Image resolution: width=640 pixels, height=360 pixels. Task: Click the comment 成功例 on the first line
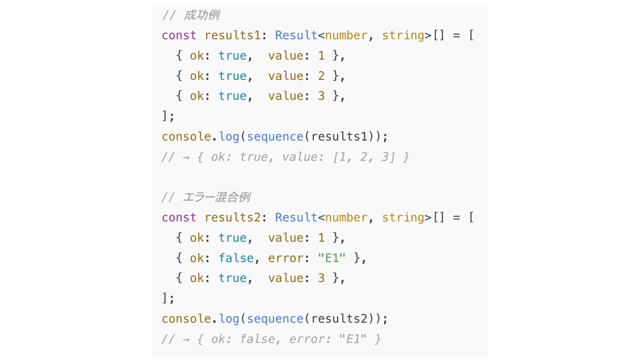click(x=201, y=15)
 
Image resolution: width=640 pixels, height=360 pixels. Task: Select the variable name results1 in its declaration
click(x=233, y=35)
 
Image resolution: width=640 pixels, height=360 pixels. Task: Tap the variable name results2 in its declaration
click(x=233, y=217)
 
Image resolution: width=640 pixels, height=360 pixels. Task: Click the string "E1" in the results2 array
click(x=332, y=258)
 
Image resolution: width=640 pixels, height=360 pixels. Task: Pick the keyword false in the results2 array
click(x=236, y=258)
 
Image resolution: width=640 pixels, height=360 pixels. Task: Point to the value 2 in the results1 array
click(x=321, y=76)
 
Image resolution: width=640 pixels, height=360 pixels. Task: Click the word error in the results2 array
click(x=285, y=258)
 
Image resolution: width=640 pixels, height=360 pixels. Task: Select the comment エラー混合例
click(x=216, y=197)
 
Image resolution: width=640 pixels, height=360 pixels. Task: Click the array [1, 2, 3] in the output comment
click(x=364, y=157)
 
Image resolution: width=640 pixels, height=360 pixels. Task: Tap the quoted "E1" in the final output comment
click(x=353, y=339)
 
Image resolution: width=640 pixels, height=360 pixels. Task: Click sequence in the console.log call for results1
click(x=275, y=137)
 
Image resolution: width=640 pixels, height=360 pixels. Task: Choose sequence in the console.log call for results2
click(x=275, y=319)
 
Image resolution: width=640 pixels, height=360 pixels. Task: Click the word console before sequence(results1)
click(x=186, y=137)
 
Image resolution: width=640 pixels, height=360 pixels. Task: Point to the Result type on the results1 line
click(x=296, y=35)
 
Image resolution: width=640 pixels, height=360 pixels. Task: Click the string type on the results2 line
click(x=403, y=217)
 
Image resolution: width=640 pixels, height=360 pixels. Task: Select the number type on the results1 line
click(x=346, y=35)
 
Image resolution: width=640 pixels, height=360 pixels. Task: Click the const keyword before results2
click(x=179, y=217)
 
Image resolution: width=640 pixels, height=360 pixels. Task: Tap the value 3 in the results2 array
click(x=321, y=278)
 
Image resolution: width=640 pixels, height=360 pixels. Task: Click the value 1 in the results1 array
click(x=321, y=56)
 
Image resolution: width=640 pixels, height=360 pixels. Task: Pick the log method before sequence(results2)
click(x=229, y=319)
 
